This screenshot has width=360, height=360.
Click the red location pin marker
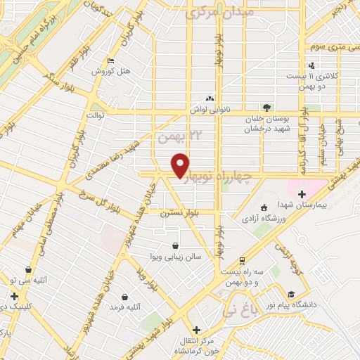[181, 165]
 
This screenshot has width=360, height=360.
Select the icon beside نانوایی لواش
[209, 99]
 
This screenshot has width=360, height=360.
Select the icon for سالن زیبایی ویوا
[175, 246]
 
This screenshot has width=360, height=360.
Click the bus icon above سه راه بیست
[243, 260]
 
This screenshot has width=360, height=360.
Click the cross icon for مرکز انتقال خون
[196, 329]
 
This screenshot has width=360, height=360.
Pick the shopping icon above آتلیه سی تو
[28, 269]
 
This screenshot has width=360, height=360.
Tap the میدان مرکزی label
[214, 12]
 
